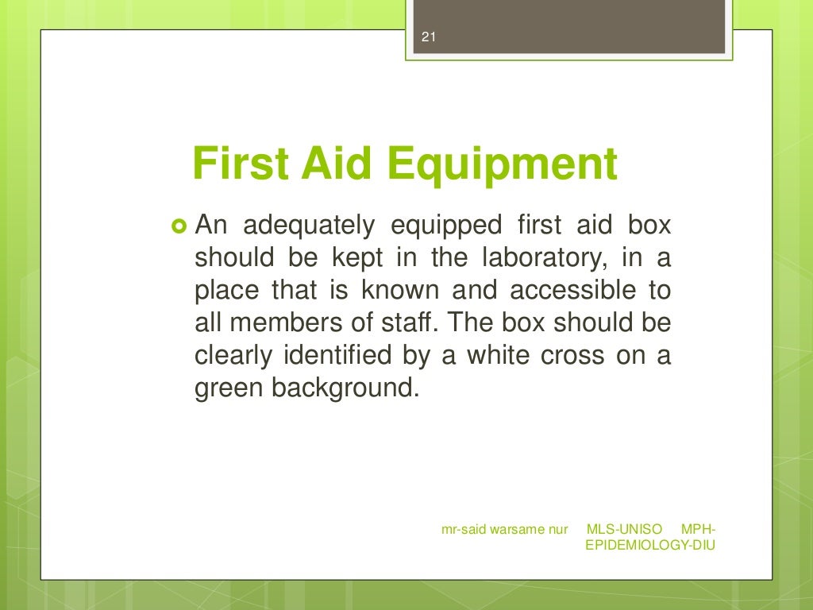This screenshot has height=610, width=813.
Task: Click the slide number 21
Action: pyautogui.click(x=430, y=37)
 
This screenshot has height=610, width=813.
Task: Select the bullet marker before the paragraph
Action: pyautogui.click(x=178, y=226)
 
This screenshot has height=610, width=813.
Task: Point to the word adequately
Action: pyautogui.click(x=308, y=226)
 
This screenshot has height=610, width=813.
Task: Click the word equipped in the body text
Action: pyautogui.click(x=447, y=226)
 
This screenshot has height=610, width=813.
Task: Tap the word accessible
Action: pyautogui.click(x=573, y=291)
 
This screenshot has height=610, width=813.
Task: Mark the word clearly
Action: pyautogui.click(x=233, y=356)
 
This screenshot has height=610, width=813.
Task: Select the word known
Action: pyautogui.click(x=394, y=291)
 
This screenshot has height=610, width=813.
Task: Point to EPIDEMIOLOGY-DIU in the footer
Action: pyautogui.click(x=650, y=546)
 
